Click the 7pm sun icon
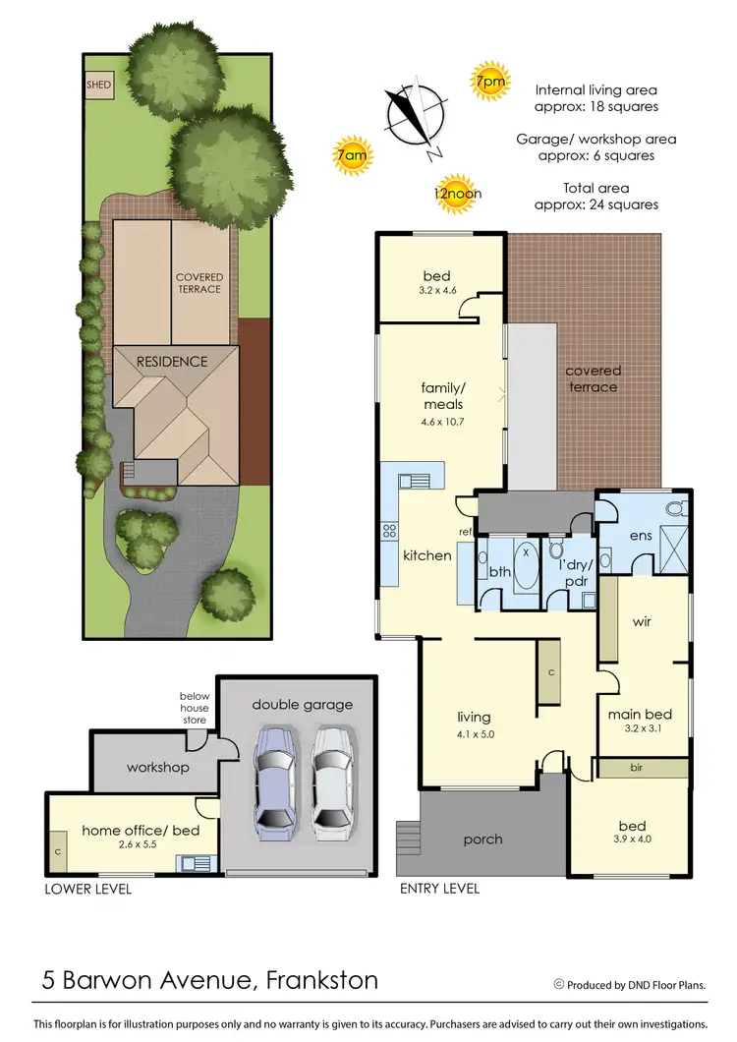489,83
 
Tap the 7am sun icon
352,155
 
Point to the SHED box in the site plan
99,86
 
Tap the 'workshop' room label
157,767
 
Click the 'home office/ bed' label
141,831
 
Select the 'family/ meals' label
441,396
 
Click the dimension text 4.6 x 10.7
441,422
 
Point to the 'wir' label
642,621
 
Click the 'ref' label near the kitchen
466,532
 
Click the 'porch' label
482,839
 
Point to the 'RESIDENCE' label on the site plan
172,361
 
